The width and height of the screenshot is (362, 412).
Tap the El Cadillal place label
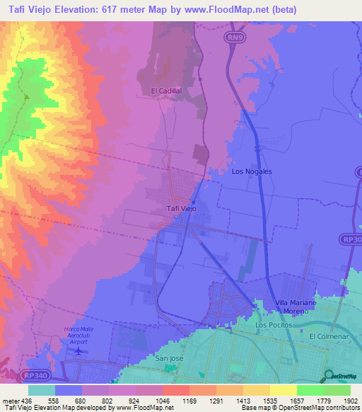(166, 91)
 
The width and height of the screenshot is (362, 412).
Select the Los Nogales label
(252, 171)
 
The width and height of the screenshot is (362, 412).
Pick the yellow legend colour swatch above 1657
(283, 390)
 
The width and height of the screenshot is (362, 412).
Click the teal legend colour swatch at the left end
(42, 390)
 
